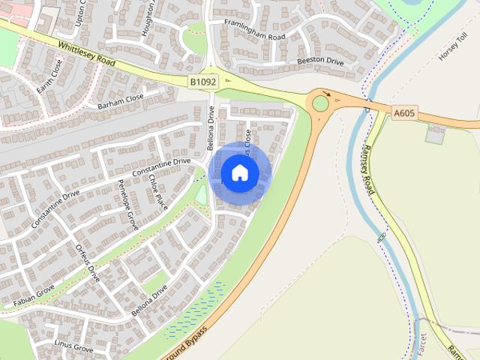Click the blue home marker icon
(240, 172)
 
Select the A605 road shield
(403, 112)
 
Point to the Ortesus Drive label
(88, 262)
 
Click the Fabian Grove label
(34, 295)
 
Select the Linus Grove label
(73, 346)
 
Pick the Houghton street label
(148, 19)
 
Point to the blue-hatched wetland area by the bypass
(193, 309)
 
